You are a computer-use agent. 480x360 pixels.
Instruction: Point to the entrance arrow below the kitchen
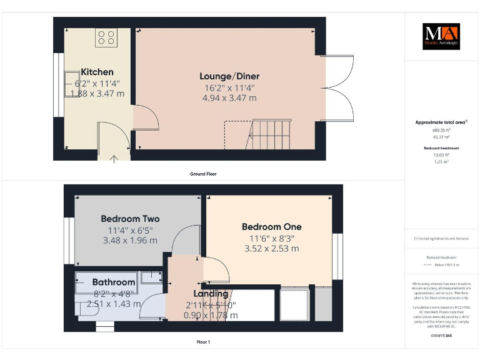point(114,159)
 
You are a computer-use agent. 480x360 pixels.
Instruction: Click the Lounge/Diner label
point(229,76)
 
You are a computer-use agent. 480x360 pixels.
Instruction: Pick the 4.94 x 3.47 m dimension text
point(229,98)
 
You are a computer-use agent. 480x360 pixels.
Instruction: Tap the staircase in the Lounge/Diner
point(270,134)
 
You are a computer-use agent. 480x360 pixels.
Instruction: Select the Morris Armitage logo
point(441,37)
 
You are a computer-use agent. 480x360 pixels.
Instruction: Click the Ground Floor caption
point(202,173)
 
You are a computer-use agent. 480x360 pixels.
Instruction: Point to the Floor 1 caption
point(202,342)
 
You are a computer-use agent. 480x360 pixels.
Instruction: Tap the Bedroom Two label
point(130,219)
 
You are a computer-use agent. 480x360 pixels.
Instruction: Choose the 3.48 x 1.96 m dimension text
point(130,240)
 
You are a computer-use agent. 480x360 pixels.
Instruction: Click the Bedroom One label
point(271,227)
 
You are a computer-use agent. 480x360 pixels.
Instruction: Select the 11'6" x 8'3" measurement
point(271,238)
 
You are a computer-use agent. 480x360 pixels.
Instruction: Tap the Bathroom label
point(114,282)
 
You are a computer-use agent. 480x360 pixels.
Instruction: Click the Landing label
point(210,294)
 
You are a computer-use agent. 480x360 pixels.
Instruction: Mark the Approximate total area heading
point(441,122)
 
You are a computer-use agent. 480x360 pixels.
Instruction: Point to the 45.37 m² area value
point(441,136)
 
